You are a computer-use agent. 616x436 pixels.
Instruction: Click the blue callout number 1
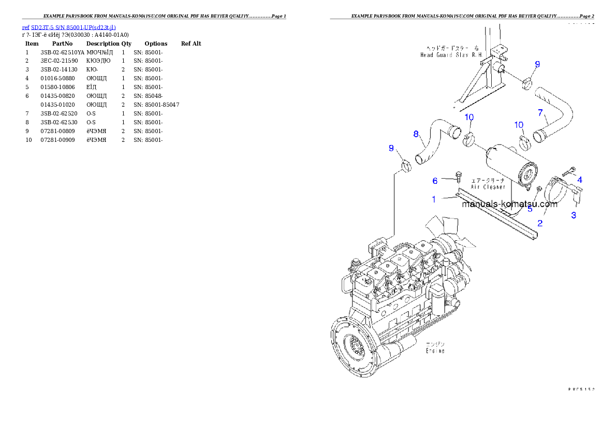434,199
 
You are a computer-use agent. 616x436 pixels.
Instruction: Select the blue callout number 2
540,223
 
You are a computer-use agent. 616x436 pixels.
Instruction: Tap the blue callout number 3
574,215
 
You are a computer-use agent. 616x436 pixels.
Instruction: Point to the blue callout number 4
580,180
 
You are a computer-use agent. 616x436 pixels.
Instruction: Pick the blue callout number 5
530,209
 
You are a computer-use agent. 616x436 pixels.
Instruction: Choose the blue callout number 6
435,180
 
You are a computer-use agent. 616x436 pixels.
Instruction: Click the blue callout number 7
540,112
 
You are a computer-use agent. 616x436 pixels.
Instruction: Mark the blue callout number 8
416,134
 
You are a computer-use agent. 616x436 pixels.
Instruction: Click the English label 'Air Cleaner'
488,187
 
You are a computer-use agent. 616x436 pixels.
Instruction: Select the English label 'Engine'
435,351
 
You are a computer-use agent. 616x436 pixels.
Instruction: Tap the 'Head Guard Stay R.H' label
443,54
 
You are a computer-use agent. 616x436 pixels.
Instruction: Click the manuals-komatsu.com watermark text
509,204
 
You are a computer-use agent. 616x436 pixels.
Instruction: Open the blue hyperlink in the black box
69,27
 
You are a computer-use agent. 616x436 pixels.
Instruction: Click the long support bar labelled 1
497,213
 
